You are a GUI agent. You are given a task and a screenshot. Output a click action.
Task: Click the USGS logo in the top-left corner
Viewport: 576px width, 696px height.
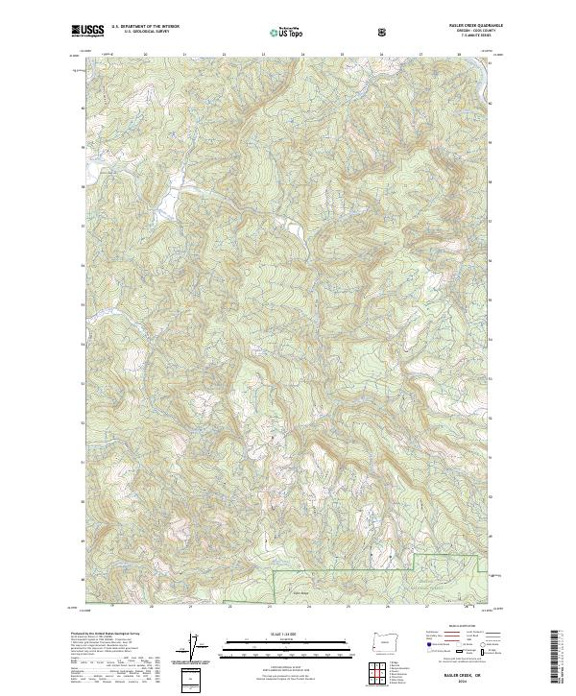coord(87,31)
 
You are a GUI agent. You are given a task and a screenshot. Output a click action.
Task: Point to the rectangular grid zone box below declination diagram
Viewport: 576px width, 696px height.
coord(192,681)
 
